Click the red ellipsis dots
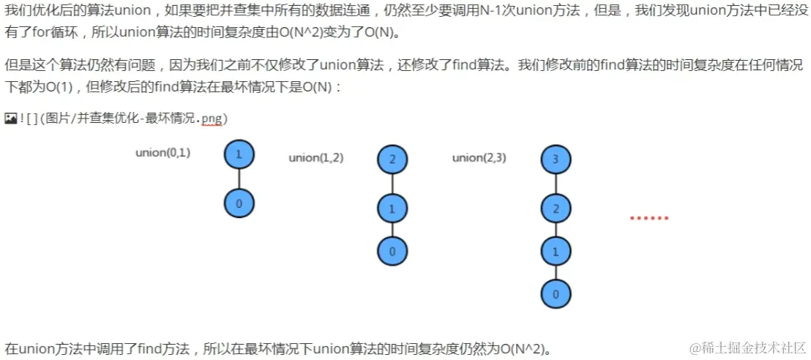[x=649, y=218]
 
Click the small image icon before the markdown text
[x=10, y=118]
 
